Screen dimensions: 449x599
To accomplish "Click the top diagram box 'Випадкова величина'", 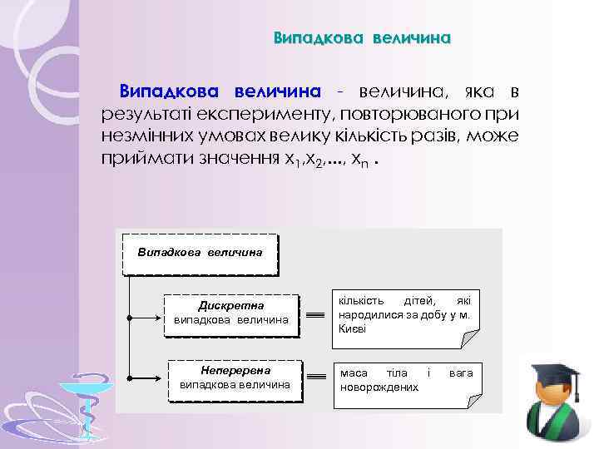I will point(200,251).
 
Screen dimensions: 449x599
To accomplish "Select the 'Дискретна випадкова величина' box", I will point(231,313).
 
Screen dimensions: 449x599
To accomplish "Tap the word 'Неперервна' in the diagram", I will point(235,369).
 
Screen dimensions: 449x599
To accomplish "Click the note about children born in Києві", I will point(405,314).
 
